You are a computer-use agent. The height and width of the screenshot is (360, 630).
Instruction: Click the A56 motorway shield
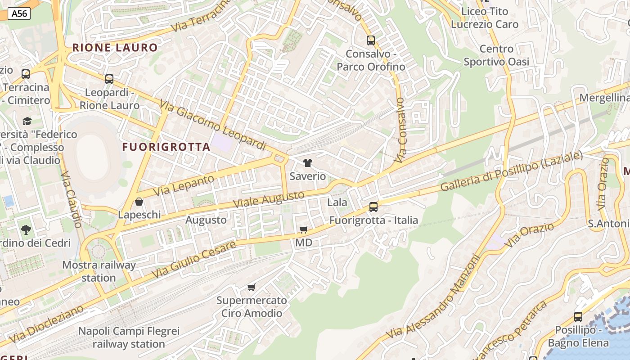(19, 13)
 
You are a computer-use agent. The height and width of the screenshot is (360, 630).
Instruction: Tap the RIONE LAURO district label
(115, 47)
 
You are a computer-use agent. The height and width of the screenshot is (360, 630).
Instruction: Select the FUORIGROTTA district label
(166, 147)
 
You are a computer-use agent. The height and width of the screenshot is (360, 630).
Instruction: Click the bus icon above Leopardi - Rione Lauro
(109, 79)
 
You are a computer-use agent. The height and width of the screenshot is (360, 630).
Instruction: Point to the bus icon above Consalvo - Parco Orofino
(371, 40)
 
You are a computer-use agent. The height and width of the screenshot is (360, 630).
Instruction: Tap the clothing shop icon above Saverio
(308, 163)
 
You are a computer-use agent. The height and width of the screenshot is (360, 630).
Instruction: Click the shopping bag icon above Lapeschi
(139, 202)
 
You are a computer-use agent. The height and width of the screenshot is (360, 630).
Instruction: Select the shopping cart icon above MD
(304, 230)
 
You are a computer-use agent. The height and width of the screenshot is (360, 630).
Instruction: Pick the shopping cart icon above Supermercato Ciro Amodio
(252, 287)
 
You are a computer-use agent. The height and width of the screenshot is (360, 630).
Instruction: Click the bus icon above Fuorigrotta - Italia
(373, 207)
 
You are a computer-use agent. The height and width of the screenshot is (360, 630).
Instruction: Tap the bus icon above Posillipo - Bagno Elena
(578, 317)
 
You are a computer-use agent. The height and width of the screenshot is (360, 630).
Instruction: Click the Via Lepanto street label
(184, 185)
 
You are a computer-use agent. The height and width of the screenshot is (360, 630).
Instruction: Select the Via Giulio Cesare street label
(193, 260)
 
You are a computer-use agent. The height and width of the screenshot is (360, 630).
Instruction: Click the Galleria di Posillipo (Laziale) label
(511, 171)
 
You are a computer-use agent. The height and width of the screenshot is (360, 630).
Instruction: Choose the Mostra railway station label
(99, 271)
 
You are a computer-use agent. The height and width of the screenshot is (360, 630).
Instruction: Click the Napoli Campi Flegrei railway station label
(129, 337)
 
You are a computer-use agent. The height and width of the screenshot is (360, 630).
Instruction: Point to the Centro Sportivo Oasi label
(496, 55)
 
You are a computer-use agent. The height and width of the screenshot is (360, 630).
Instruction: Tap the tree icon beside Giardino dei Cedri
(26, 230)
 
